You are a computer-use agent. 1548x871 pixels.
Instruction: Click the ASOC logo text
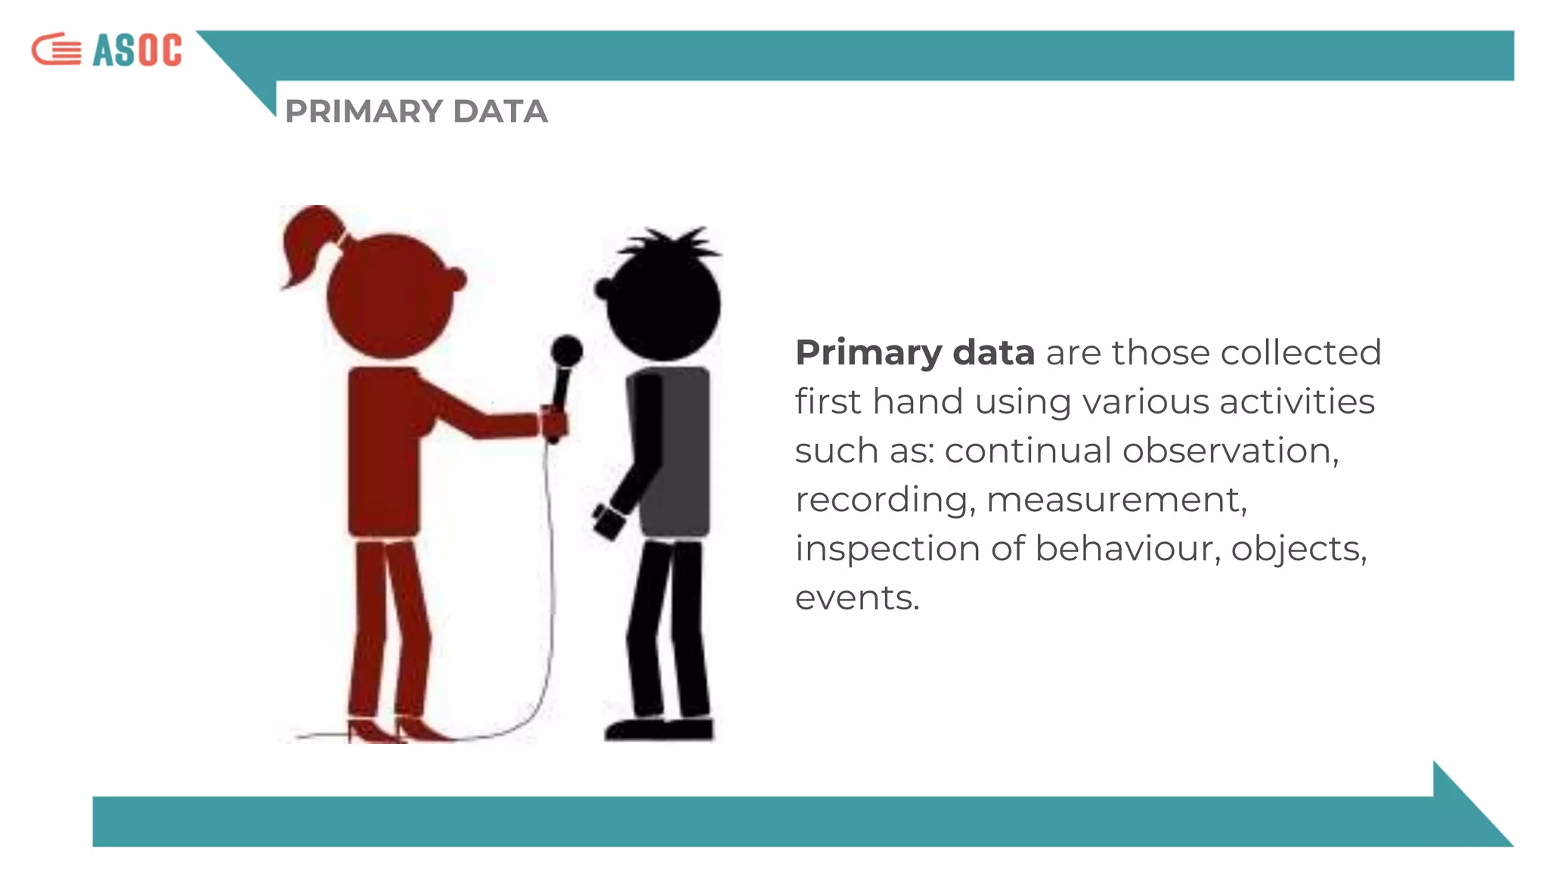coord(137,50)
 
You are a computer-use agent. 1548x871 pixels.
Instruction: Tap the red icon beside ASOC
coord(57,50)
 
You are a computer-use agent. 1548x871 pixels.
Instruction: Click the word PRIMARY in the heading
coord(364,111)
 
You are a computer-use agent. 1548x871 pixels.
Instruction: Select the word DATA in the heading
coord(500,111)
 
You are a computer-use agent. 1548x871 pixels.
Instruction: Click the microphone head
coord(566,351)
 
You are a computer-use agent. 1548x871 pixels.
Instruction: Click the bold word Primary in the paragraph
coord(868,353)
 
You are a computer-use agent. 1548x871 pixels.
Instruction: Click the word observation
coord(1230,451)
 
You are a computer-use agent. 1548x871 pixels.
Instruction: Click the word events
coord(856,598)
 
